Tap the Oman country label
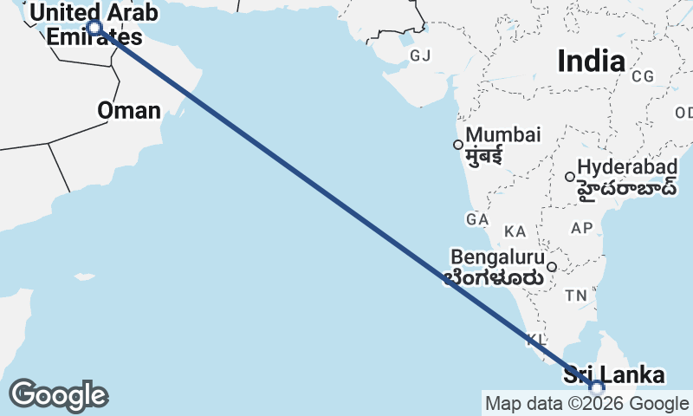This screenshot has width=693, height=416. point(129,110)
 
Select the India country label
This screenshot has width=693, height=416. point(592,61)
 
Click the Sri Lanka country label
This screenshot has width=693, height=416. point(614,375)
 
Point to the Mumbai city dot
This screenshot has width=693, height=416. point(458,144)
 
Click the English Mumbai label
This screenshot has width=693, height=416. point(503,135)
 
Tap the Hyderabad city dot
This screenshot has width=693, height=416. point(570,177)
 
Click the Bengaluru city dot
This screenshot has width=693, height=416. point(551,266)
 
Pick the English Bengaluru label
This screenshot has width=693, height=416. point(498,257)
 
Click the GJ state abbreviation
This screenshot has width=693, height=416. point(420,56)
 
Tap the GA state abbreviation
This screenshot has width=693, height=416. point(477,220)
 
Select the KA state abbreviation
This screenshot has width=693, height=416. point(515,231)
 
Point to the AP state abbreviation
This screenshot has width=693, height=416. point(581,228)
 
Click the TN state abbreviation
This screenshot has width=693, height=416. point(576,296)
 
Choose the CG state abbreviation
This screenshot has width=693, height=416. point(643,76)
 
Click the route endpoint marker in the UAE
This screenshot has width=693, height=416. point(94,28)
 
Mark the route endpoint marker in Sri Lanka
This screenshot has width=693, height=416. point(597,387)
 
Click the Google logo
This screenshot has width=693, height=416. point(57,395)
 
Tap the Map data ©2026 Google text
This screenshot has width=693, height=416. point(586,403)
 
